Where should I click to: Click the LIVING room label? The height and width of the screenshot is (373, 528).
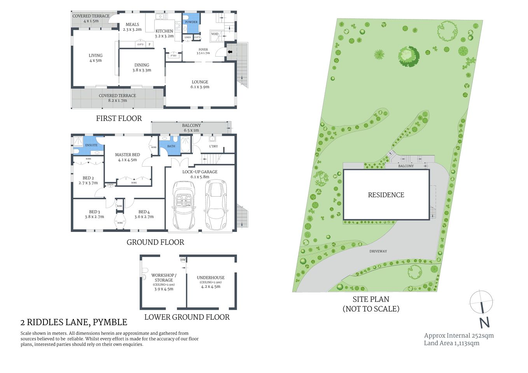click(x=95, y=56)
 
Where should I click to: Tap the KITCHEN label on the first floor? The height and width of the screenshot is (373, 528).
click(x=164, y=31)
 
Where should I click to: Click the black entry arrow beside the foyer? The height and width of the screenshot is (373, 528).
click(x=230, y=52)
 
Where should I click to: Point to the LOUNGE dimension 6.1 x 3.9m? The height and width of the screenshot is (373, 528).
click(x=200, y=87)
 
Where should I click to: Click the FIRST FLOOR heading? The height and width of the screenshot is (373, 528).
click(x=119, y=119)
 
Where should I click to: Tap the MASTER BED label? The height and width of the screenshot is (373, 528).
click(x=127, y=155)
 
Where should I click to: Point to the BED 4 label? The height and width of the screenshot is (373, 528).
click(x=144, y=212)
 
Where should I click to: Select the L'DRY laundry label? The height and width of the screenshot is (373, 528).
click(x=213, y=146)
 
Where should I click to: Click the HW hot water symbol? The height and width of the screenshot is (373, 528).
click(x=183, y=260)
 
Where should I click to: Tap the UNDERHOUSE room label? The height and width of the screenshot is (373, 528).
click(x=210, y=278)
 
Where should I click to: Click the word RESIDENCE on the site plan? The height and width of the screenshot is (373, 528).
click(x=386, y=195)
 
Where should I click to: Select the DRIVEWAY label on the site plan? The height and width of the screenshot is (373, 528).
click(x=378, y=251)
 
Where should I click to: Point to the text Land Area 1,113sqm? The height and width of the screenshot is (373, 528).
click(x=451, y=343)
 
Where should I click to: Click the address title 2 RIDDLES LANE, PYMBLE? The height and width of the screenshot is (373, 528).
click(x=74, y=322)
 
